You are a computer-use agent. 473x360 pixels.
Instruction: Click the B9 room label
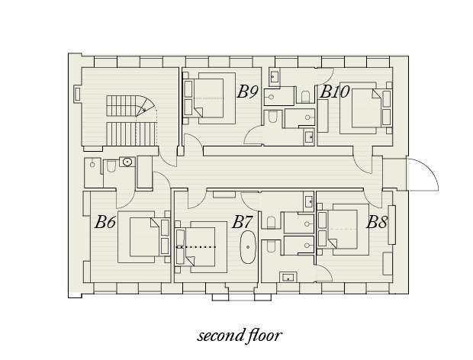tap(248, 92)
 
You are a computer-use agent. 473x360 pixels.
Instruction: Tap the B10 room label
tap(335, 92)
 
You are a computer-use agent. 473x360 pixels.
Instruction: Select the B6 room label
tap(105, 222)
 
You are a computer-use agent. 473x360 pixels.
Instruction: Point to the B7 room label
tap(242, 222)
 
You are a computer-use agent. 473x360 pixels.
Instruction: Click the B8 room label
tap(377, 223)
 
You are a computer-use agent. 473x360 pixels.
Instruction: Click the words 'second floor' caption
tap(240, 336)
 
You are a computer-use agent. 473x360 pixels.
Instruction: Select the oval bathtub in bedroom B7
tap(248, 247)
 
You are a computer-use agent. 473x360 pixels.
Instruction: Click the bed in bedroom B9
tap(208, 98)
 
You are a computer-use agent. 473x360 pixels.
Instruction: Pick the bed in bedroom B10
tap(366, 108)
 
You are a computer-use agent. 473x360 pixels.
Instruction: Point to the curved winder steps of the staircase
tap(145, 106)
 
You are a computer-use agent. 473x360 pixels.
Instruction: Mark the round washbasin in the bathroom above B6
tap(127, 162)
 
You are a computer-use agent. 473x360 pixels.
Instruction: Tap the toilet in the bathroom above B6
tap(111, 166)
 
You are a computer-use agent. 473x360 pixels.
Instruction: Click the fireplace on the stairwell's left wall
tap(77, 94)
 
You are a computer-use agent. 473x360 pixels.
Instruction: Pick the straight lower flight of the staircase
tap(131, 134)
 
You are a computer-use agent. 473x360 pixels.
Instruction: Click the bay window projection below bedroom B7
tap(241, 297)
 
